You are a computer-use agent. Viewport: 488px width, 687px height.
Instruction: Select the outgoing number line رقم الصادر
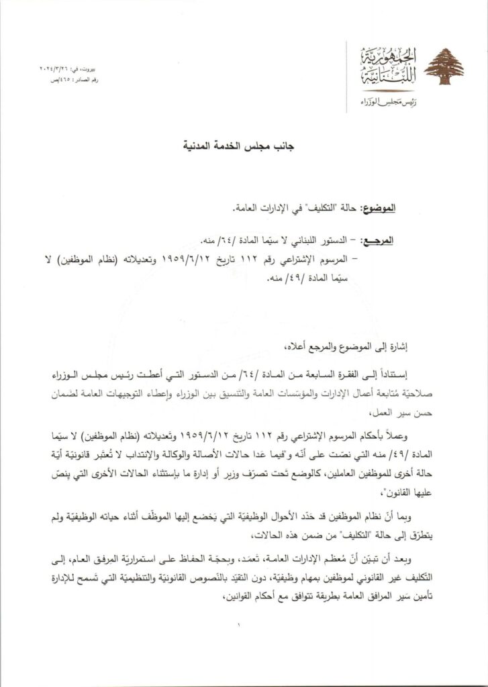(x=61, y=80)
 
